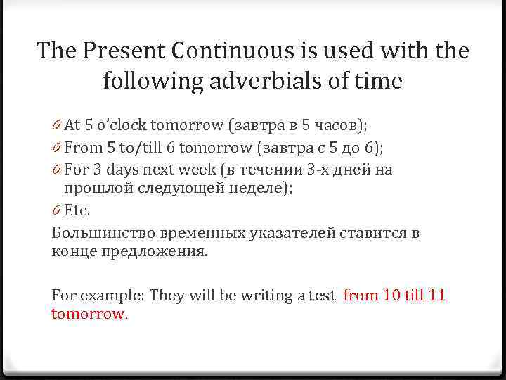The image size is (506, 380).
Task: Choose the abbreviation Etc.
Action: [77, 210]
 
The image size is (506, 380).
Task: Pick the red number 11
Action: [436, 296]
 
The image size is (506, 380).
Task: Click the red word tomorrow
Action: [89, 314]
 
